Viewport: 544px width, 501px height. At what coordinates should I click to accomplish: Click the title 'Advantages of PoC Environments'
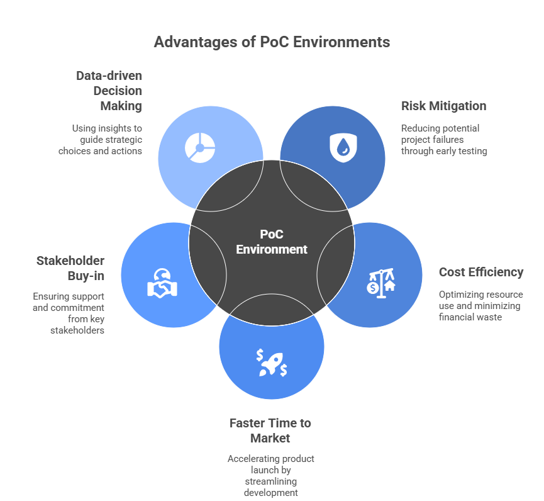pos(272,42)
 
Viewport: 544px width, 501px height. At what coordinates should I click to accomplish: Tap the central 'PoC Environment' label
pos(272,242)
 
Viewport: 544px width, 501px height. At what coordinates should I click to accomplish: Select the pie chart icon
pos(200,148)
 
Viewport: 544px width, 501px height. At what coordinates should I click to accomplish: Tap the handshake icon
pos(162,284)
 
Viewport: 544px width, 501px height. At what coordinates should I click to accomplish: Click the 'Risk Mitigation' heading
pos(443,106)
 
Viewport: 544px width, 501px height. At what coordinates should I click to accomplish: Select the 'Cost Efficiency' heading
pos(480,273)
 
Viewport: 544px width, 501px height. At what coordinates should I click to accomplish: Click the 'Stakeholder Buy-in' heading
pos(70,268)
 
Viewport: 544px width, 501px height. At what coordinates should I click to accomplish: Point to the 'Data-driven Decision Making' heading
pos(109,91)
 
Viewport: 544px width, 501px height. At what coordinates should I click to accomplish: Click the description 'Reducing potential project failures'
pos(444,140)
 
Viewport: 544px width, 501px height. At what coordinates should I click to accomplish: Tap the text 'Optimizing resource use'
pos(480,300)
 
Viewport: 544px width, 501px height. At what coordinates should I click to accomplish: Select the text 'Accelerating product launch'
pos(271,464)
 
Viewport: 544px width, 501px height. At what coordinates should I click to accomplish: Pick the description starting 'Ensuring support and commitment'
pos(69,313)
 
